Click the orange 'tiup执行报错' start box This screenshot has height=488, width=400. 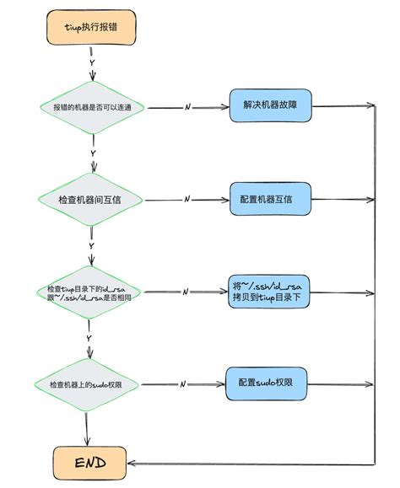pyautogui.click(x=91, y=28)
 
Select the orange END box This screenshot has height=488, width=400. pyautogui.click(x=90, y=462)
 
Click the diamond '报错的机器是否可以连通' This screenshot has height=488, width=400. pyautogui.click(x=93, y=108)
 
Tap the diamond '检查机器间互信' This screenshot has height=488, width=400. pyautogui.click(x=91, y=200)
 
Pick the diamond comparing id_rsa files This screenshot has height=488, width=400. pyautogui.click(x=89, y=292)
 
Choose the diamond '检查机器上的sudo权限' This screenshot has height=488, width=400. pyautogui.click(x=89, y=384)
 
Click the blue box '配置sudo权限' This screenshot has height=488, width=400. pyautogui.click(x=265, y=383)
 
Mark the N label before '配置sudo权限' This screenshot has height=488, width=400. pyautogui.click(x=183, y=384)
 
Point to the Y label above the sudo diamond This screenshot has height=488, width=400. pyautogui.click(x=89, y=338)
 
